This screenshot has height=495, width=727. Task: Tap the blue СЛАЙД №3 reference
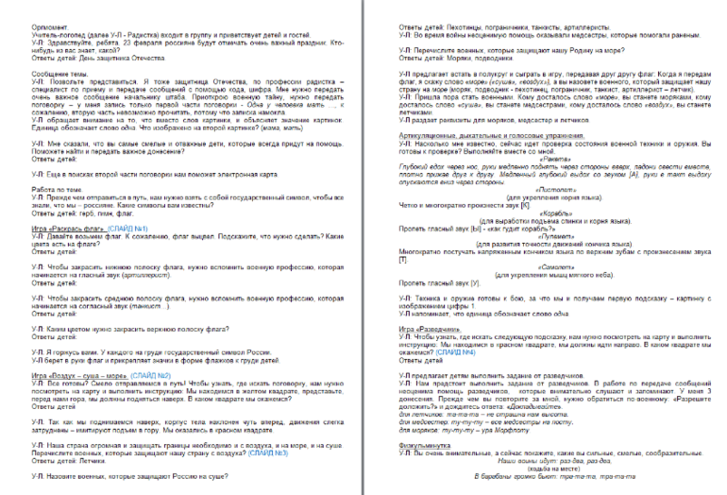(267, 452)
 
